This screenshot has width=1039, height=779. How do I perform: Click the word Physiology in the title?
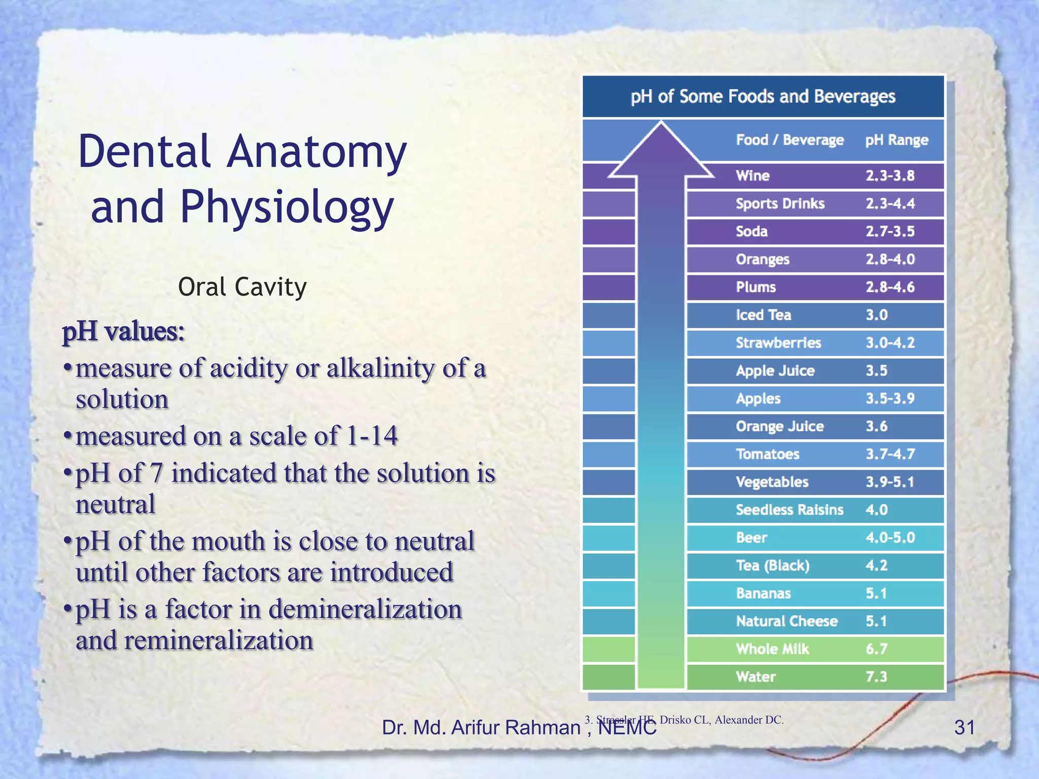coord(287,207)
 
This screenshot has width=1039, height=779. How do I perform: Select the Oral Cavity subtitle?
coord(242,287)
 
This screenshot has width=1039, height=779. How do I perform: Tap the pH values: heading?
coord(123,332)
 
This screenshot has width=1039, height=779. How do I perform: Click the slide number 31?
coord(964,727)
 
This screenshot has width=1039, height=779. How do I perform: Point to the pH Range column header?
coord(896,140)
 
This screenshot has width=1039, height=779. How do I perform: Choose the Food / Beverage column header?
coord(789,140)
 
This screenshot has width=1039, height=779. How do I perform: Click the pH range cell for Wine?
coord(890,176)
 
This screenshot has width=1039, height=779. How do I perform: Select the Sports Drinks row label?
coord(780,204)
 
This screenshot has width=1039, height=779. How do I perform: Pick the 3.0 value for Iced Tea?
coord(877,315)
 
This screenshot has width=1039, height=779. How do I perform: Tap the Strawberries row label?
coord(778,343)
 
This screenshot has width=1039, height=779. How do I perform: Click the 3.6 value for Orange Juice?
coord(877,427)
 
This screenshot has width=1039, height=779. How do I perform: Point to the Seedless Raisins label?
coord(789,510)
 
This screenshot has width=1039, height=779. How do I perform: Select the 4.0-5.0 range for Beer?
coord(890,538)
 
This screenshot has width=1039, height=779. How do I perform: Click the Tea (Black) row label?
coord(773,565)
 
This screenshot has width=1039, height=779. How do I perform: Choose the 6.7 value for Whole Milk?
coord(877,649)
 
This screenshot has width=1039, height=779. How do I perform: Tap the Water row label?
coord(755,677)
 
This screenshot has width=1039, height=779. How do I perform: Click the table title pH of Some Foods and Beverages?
coord(763,96)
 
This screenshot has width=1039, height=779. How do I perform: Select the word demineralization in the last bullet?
coord(365,609)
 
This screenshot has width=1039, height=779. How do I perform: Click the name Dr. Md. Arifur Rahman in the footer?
coord(480,727)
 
